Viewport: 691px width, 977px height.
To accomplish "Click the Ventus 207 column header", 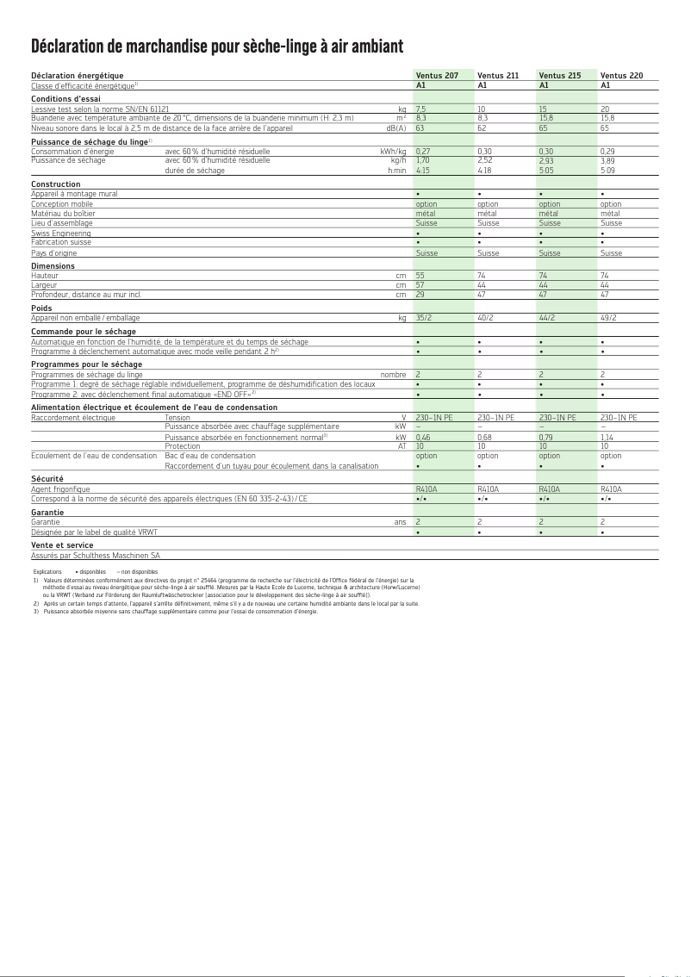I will (437, 76).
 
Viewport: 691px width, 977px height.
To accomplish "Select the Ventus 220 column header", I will (621, 76).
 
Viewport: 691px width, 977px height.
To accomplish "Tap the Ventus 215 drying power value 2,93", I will (546, 160).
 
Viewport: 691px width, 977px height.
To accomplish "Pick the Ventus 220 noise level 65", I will (605, 128).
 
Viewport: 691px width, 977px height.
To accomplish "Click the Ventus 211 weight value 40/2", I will (485, 318).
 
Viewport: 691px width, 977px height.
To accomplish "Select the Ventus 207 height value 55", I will (420, 276).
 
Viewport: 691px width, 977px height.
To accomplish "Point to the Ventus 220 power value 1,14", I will (607, 438).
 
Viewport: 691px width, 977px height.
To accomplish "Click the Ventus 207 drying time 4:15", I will (422, 171).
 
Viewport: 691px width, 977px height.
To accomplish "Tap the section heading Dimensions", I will (53, 266).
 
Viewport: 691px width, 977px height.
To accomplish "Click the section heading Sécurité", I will (47, 479).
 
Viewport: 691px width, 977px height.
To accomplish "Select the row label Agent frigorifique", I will (60, 489).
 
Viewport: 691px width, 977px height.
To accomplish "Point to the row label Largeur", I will (44, 285).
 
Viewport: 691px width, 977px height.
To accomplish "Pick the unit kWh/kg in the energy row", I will (393, 152).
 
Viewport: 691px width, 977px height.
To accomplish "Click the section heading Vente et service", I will (62, 545).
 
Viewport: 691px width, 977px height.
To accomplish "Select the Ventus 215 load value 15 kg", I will (543, 109).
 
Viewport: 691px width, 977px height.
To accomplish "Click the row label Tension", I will (177, 418).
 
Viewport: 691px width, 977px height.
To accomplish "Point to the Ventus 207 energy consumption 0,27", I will (423, 152).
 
